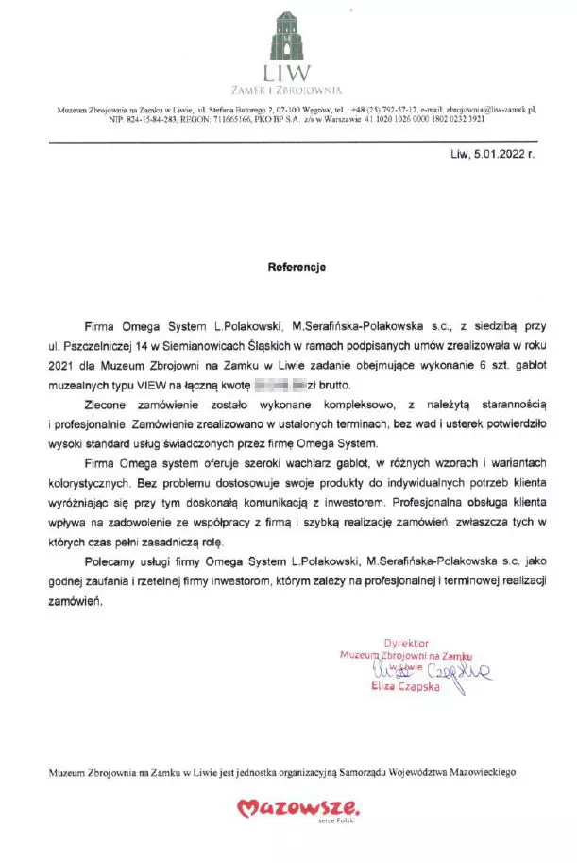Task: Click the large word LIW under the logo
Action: click(288, 73)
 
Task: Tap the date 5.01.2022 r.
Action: click(501, 153)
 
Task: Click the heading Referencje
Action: click(297, 268)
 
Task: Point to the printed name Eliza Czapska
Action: click(406, 687)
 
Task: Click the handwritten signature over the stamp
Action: click(444, 672)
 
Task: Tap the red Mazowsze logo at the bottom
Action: click(297, 808)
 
